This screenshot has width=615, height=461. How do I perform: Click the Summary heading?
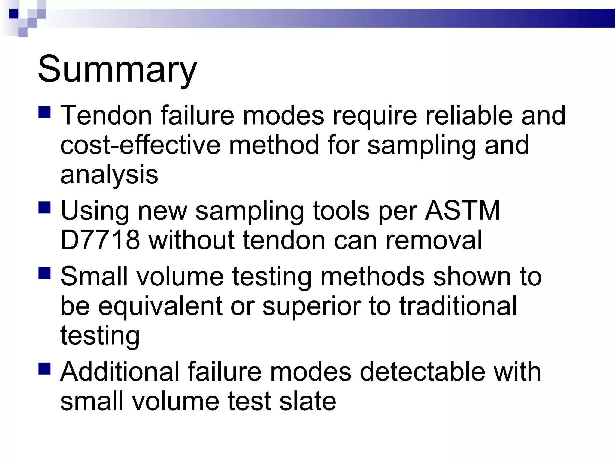coord(117,70)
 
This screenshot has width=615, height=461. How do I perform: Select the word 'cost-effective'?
coord(140,145)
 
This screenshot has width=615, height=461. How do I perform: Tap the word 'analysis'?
coord(109,175)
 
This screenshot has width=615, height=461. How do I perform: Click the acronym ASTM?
coord(462,211)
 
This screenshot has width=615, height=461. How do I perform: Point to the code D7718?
coord(100,240)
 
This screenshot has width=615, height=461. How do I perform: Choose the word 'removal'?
coord(434,240)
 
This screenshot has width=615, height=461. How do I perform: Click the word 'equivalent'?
coord(160,306)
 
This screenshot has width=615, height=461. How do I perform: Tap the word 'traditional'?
coord(458,306)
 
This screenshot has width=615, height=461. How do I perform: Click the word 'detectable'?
coord(422,372)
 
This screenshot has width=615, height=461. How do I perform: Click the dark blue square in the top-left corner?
coord(14,14)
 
